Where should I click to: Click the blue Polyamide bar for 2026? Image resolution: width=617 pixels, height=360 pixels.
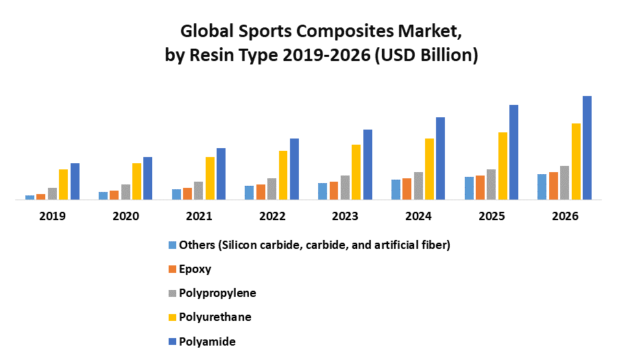tap(587, 147)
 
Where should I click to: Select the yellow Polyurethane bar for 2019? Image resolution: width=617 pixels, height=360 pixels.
tap(64, 184)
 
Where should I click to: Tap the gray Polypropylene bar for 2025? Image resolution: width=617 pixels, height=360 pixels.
tap(492, 184)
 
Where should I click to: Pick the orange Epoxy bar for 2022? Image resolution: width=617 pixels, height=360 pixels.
tap(261, 192)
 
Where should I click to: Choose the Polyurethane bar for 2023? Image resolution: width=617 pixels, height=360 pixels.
tap(356, 172)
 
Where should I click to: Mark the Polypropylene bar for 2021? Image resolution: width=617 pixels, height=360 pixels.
tap(199, 191)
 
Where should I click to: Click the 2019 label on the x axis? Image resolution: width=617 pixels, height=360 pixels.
tap(52, 216)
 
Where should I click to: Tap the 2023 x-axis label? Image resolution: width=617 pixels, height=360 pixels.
tap(345, 216)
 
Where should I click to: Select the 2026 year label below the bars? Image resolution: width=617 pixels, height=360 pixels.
tap(565, 216)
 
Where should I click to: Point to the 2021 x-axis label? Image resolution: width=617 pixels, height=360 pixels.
tap(199, 216)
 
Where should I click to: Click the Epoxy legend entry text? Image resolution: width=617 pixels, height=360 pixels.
tap(195, 269)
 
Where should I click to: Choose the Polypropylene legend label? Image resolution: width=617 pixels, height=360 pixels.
tap(217, 293)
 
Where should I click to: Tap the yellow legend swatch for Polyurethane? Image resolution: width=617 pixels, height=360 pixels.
tap(172, 317)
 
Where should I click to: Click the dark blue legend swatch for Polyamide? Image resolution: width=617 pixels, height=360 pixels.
tap(172, 341)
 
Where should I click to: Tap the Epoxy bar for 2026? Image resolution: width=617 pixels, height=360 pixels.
tap(553, 186)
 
